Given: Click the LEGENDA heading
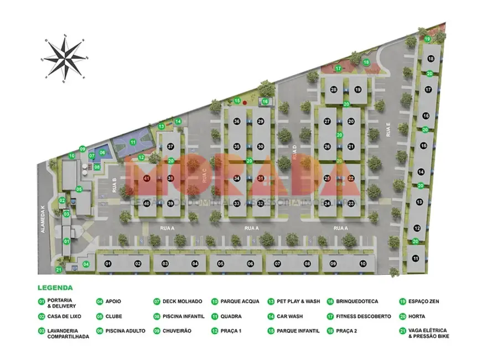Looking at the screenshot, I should (55, 288).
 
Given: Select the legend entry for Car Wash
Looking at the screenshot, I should (285, 316).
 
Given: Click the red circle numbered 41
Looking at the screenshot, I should (147, 179).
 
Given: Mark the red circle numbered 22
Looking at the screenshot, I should (351, 178).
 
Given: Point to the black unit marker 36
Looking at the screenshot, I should (236, 121).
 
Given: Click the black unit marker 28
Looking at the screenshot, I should (334, 90).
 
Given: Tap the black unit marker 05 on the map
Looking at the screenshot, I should (220, 264).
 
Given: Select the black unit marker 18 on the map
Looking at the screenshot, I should (430, 59).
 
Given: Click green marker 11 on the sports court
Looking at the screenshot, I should (133, 142).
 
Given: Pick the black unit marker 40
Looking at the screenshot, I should (147, 203).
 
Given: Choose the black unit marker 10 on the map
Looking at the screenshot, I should (362, 264).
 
